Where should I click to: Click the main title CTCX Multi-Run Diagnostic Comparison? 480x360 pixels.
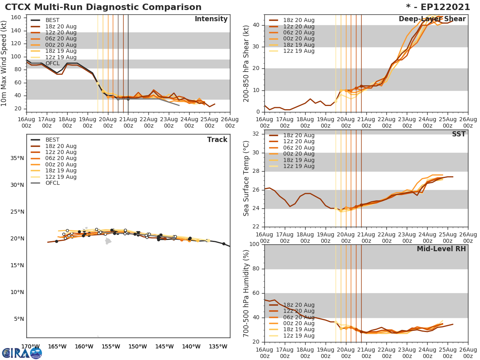103,7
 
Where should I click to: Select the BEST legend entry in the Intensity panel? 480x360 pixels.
52,20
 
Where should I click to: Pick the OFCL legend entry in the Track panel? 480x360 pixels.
52,183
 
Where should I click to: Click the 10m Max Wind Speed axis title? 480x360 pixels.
4,64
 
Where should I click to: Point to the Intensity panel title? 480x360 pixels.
211,19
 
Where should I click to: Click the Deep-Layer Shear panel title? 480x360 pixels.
432,19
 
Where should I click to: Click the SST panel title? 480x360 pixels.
458,134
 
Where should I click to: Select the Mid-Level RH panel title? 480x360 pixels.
441,249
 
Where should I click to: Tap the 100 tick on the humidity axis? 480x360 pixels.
254,244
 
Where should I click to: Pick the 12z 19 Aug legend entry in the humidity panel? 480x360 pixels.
299,336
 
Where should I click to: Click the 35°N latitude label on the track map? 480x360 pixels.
17,158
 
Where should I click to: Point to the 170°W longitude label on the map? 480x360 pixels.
30,346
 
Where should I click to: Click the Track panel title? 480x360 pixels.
217,140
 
